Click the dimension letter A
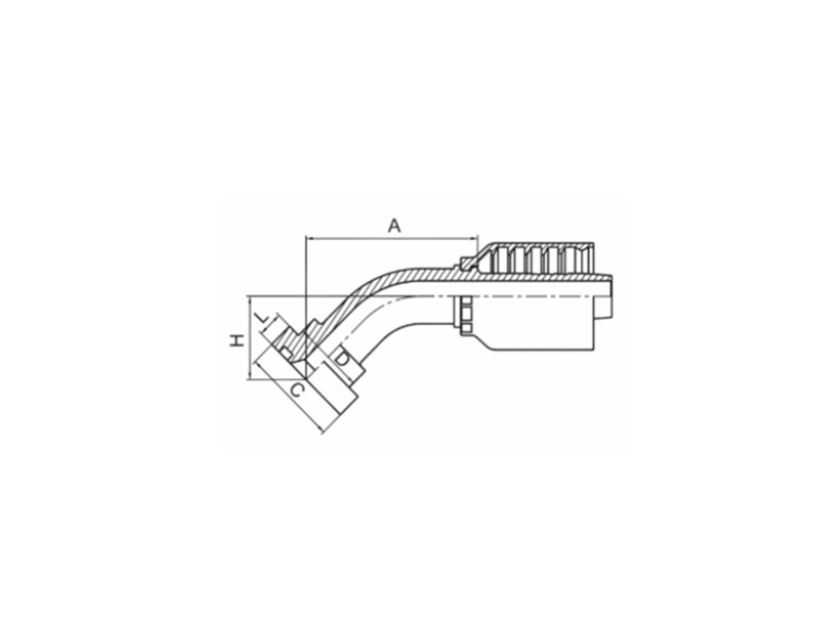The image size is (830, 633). click(395, 226)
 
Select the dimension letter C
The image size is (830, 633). click(298, 390)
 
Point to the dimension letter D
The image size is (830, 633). click(343, 358)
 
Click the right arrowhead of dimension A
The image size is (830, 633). click(472, 239)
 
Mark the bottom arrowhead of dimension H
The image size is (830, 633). click(250, 373)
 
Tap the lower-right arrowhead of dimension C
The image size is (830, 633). click(320, 429)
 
